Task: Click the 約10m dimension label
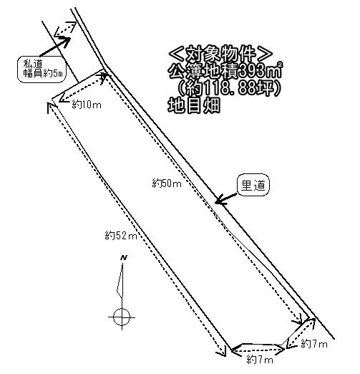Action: click(x=87, y=105)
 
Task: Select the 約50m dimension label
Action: click(x=167, y=183)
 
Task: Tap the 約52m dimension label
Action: click(x=121, y=236)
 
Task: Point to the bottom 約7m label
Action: click(x=260, y=360)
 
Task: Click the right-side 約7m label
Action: click(x=314, y=344)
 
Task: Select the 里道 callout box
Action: click(x=253, y=185)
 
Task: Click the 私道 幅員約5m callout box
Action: click(x=42, y=69)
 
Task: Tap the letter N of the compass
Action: click(x=124, y=258)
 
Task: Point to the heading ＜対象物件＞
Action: click(x=220, y=54)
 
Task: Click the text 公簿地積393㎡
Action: click(x=225, y=71)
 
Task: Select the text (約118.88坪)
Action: click(x=228, y=88)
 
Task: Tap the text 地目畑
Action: click(x=194, y=105)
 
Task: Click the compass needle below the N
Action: click(x=120, y=281)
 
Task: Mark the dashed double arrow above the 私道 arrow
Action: click(x=65, y=28)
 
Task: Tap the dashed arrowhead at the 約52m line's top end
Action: click(x=52, y=107)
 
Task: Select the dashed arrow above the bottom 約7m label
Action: click(x=258, y=350)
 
